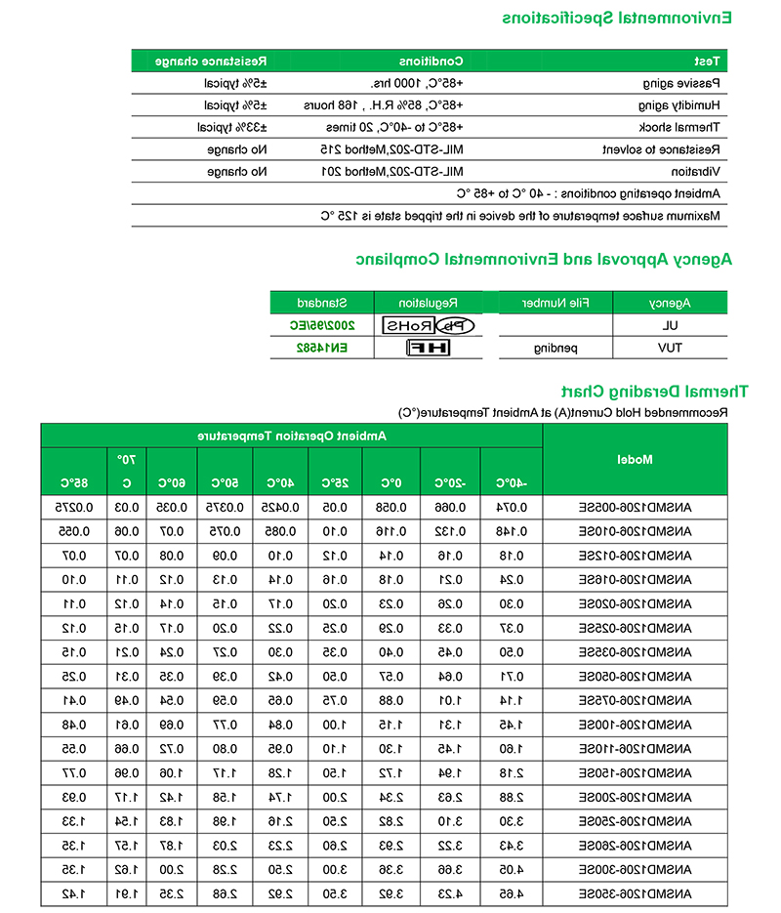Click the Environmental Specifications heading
pos(617,18)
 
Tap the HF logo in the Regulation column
pos(429,348)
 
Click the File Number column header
pos(554,303)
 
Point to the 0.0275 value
pos(72,508)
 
